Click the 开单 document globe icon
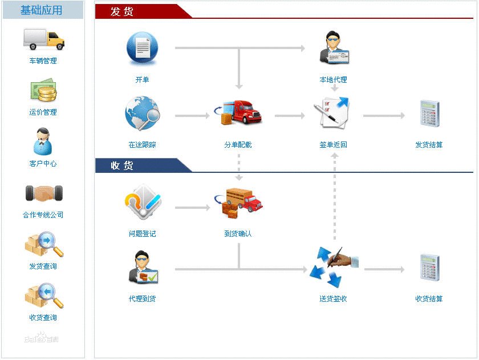point(143,48)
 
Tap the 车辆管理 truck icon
point(44,39)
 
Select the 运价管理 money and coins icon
point(44,90)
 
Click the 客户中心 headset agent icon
point(43,141)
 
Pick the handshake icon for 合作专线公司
point(44,193)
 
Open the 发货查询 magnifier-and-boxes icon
point(44,244)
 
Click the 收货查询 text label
point(43,318)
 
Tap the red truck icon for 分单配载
point(238,112)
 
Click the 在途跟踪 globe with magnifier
point(143,113)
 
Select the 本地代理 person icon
point(334,47)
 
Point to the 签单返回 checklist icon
point(332,113)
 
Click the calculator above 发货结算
point(429,114)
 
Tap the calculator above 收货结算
point(429,268)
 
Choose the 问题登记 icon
point(143,202)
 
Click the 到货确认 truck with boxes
point(238,203)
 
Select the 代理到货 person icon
point(143,268)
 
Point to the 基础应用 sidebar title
point(41,10)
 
